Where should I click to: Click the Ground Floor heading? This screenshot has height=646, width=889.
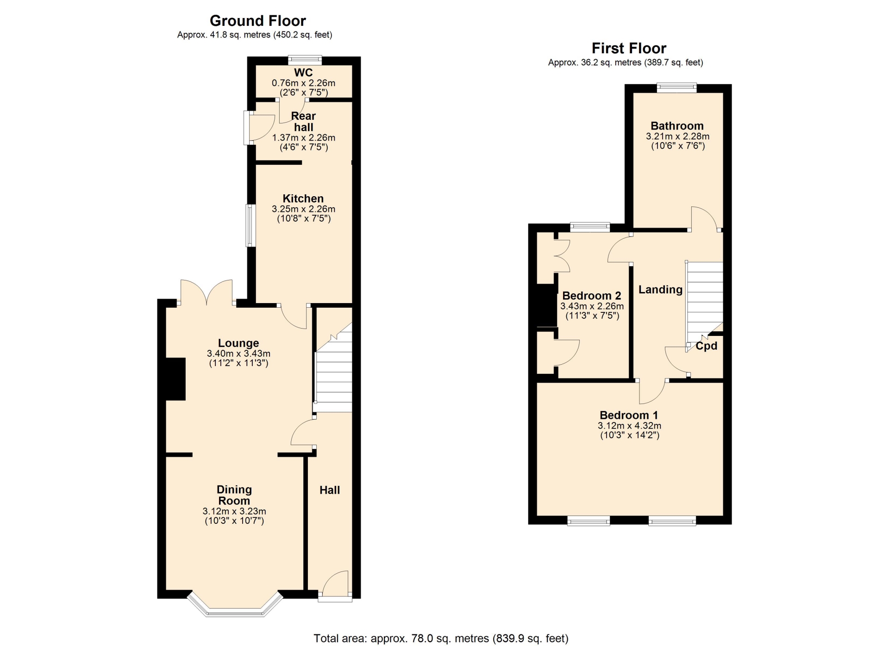point(258,21)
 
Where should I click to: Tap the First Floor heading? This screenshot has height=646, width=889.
point(629,48)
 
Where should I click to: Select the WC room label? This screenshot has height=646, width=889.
point(303,73)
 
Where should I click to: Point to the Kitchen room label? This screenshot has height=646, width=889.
point(303,199)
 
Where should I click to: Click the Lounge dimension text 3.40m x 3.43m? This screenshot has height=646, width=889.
point(238,354)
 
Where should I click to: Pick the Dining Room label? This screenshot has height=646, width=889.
point(234,495)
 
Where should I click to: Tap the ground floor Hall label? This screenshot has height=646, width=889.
point(330,490)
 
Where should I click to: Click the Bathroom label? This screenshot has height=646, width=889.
point(677,126)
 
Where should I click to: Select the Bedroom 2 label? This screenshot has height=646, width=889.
point(592,296)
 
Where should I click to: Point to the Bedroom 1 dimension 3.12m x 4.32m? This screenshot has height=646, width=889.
point(629,426)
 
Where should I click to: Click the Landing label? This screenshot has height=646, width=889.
point(660,290)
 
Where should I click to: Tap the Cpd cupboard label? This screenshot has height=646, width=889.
point(707,346)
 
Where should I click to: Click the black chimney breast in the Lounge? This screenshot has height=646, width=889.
point(175,379)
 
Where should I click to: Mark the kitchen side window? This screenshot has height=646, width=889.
point(250,225)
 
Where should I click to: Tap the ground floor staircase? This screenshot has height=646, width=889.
point(333,368)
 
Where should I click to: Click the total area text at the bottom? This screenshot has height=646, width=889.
point(441,639)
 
